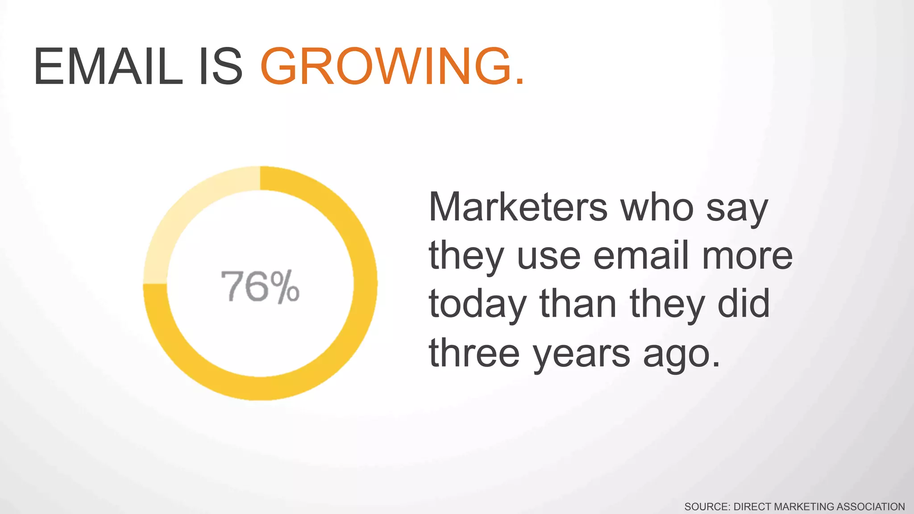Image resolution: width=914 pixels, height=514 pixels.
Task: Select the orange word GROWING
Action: pyautogui.click(x=386, y=67)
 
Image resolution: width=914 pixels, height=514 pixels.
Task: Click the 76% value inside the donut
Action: pyautogui.click(x=260, y=286)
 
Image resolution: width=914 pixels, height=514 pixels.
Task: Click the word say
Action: pyautogui.click(x=737, y=210)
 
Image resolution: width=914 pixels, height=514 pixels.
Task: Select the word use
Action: pyautogui.click(x=548, y=256)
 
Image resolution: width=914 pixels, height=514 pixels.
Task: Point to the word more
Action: pyautogui.click(x=747, y=256)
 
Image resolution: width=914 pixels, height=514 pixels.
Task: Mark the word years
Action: pyautogui.click(x=582, y=355)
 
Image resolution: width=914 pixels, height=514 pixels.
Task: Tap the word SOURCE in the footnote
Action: pyautogui.click(x=706, y=507)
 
